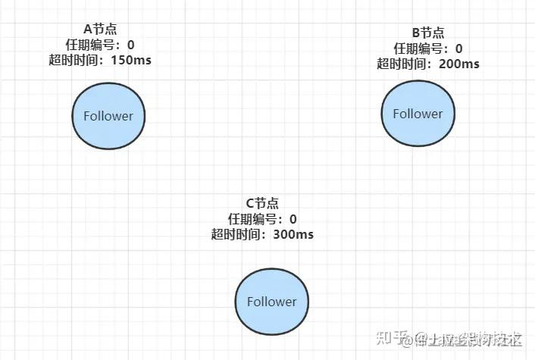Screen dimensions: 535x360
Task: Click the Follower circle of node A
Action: tap(108, 116)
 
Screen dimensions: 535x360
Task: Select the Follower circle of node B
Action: tap(417, 113)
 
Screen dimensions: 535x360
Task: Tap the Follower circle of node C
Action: tap(271, 301)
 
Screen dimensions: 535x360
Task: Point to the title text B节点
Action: tap(427, 33)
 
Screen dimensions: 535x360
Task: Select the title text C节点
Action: tap(262, 203)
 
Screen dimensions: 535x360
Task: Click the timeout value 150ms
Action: tap(130, 59)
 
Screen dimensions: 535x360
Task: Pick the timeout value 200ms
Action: tap(458, 63)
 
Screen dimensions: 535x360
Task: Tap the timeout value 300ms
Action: tap(293, 234)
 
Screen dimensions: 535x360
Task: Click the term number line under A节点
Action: tap(99, 44)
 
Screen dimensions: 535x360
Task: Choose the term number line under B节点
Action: tap(427, 48)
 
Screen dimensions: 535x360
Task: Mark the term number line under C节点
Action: tap(262, 219)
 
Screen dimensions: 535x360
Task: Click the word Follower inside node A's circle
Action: tap(108, 116)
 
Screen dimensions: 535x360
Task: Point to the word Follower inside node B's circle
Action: tap(417, 113)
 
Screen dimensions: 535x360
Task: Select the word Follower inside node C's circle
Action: tap(271, 301)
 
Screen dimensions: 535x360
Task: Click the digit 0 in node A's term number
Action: tap(130, 44)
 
